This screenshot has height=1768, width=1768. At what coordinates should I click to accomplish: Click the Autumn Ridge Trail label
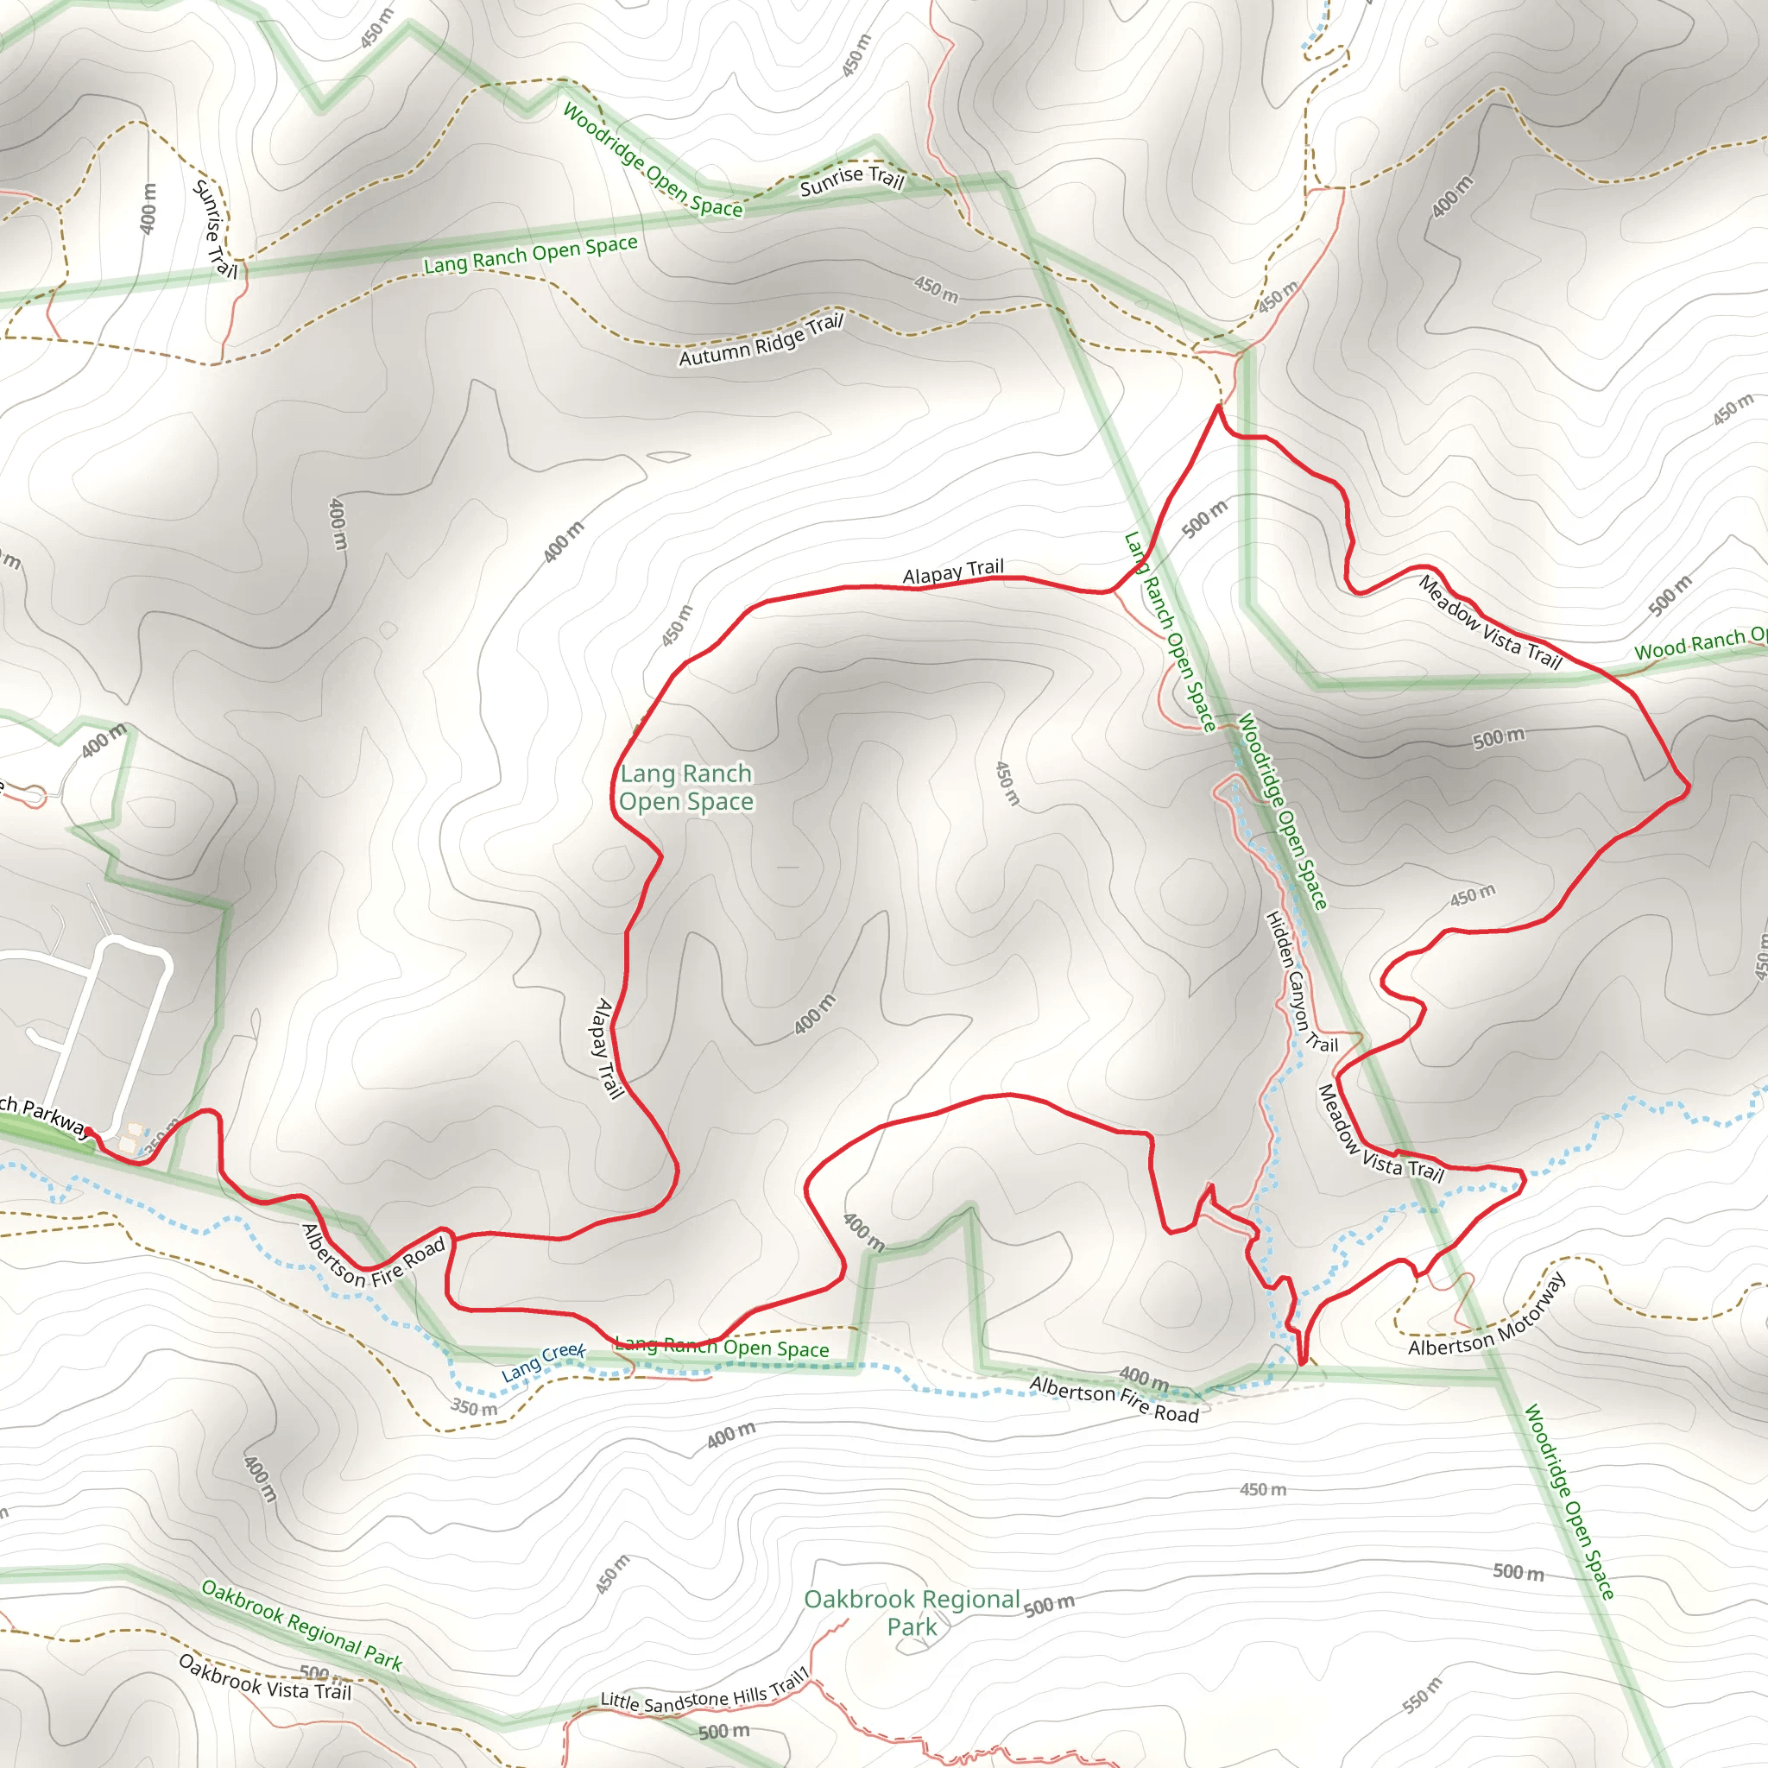(760, 340)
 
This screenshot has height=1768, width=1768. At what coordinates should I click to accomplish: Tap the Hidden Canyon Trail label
(1300, 982)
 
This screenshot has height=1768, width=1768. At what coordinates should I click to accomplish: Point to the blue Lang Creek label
(544, 1362)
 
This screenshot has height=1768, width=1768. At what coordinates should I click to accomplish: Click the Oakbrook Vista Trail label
(265, 1677)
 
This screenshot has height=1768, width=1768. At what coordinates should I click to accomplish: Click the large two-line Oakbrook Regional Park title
(912, 1613)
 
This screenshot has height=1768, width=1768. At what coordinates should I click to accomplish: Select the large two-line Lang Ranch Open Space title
(686, 787)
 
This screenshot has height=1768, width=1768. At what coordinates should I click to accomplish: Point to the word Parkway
(55, 1118)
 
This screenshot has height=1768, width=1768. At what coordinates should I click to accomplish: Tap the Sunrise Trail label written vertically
(215, 229)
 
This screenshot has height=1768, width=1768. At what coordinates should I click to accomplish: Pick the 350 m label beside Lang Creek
(474, 1407)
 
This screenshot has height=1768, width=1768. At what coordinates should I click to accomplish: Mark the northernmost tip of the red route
(1219, 406)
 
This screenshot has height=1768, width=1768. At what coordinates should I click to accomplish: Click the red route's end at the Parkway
(88, 1132)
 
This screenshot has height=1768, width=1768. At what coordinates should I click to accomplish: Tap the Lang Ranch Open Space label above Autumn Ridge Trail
(531, 254)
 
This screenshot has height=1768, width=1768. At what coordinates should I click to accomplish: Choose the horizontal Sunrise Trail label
(852, 180)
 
